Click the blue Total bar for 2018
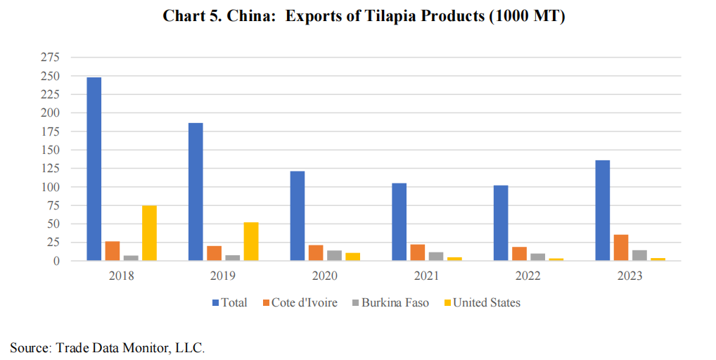(x=94, y=169)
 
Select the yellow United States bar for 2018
(x=149, y=233)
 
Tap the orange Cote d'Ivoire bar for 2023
(x=621, y=247)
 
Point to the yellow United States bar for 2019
(x=251, y=241)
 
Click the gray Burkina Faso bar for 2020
(x=334, y=255)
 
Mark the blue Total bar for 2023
(x=603, y=210)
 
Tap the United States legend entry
(x=486, y=302)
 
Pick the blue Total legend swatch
(x=216, y=303)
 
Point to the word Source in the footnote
(x=27, y=347)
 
